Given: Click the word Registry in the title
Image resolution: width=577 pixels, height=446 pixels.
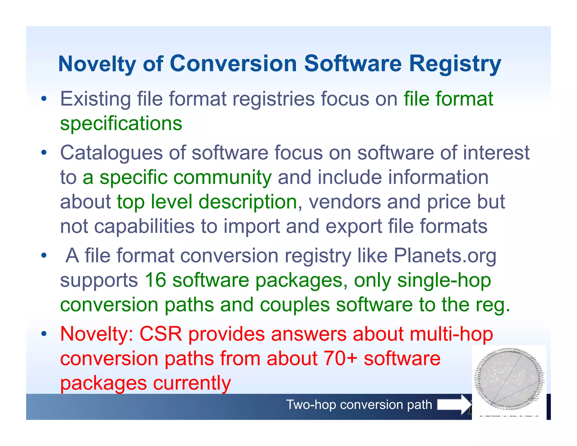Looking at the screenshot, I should point(455,64).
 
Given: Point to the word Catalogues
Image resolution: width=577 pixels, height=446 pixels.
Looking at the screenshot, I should point(112,153).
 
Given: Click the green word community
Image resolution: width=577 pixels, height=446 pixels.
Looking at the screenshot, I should point(223,178).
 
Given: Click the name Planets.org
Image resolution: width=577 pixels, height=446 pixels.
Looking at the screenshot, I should point(445,256).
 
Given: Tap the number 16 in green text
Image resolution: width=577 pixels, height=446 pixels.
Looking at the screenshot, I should point(155,280).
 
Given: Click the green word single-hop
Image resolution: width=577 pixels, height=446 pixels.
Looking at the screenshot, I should point(444,280).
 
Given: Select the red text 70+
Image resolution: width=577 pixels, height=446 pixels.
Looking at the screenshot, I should point(340,359).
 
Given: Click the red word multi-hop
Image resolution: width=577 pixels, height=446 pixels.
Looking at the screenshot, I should point(451,334).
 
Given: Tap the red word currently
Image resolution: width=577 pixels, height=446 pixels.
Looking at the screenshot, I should point(192,383).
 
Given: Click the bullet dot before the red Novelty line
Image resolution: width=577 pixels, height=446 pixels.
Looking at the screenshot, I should point(43,334).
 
